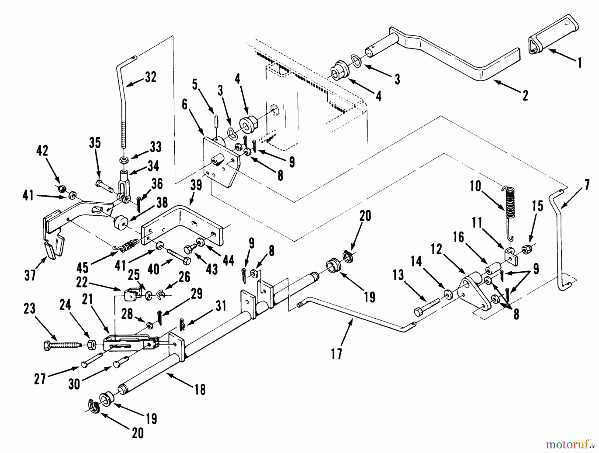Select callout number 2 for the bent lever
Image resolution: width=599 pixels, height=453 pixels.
(x=525, y=96)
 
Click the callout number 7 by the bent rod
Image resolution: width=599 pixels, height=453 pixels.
(x=586, y=185)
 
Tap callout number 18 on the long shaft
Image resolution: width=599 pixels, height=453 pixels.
(x=200, y=389)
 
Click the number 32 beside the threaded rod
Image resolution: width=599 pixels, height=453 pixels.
(x=150, y=77)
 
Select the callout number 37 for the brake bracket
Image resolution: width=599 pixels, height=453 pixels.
(x=30, y=275)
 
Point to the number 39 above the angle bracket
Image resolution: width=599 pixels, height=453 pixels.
(x=196, y=185)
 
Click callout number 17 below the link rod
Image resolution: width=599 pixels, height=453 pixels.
(x=336, y=354)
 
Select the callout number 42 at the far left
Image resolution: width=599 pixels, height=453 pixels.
(x=42, y=151)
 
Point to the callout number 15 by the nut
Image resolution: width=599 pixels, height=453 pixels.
(x=537, y=206)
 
